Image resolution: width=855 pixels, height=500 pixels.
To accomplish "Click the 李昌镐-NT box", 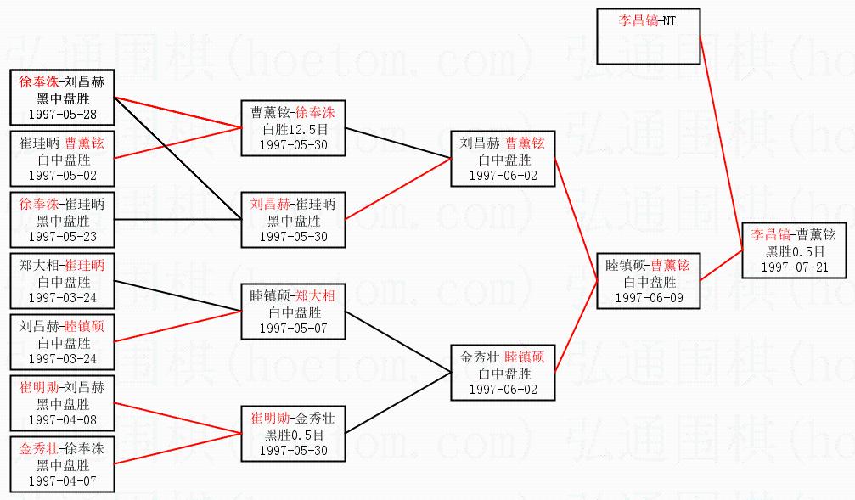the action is [x=649, y=37].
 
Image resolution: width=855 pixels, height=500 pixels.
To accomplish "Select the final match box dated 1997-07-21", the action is [x=795, y=250].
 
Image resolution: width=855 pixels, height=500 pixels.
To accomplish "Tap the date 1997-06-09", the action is [x=650, y=298].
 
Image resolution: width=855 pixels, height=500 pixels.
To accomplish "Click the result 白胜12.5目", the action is [x=293, y=128].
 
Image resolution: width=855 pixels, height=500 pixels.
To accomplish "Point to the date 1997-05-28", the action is [x=62, y=113].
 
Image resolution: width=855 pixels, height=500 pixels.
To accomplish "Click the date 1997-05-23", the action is [x=62, y=235].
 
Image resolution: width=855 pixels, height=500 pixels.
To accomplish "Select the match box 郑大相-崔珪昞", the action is [x=62, y=281].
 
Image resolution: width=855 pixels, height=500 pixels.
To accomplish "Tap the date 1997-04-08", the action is [x=62, y=419].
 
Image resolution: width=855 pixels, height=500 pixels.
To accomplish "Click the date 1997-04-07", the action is [x=62, y=480].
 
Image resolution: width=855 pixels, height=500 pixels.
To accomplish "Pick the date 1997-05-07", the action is [x=293, y=327].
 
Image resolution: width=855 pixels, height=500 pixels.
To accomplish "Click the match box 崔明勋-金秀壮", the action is [x=293, y=434].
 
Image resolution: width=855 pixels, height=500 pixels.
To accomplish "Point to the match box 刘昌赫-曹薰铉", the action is [x=503, y=158].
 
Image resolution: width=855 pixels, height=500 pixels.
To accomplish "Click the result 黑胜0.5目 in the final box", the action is [x=795, y=251].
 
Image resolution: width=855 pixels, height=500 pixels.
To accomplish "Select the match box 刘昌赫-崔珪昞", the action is [x=293, y=220].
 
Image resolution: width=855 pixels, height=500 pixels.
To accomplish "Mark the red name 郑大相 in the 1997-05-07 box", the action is [x=315, y=295].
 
